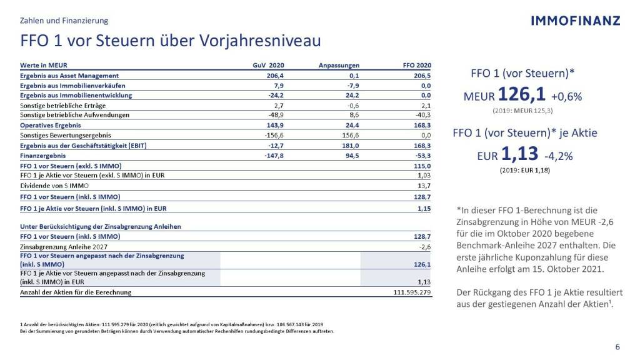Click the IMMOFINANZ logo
pos(576,21)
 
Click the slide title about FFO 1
pos(171,41)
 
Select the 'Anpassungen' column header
pos(339,65)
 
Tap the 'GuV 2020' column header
pos(268,65)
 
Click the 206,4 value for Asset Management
pos(276,75)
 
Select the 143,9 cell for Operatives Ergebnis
pos(276,125)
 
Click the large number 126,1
pos(522,95)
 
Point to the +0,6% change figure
pos(566,97)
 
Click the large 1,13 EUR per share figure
pos(519,155)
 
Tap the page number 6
pos(618,347)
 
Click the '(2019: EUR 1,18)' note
pos(525,171)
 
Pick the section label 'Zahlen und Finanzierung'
pos(64,21)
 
